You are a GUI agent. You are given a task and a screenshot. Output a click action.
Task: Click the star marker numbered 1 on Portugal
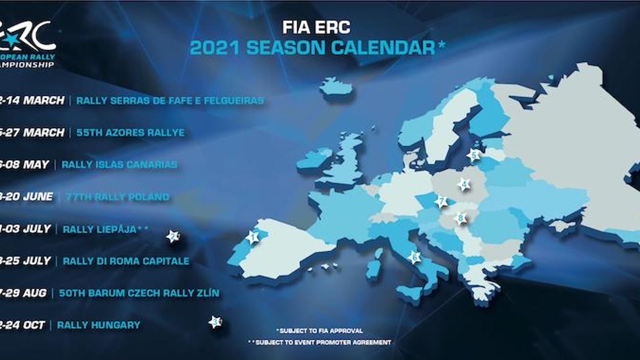253,237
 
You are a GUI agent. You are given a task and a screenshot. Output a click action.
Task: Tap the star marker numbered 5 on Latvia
474,155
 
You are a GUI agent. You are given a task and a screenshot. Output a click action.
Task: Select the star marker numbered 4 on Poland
464,184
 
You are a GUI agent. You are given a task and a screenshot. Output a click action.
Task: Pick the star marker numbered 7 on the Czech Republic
442,202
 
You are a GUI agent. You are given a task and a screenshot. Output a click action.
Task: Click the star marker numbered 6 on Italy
414,257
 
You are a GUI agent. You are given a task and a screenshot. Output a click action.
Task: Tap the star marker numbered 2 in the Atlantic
173,236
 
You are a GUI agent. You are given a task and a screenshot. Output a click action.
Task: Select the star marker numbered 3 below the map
216,322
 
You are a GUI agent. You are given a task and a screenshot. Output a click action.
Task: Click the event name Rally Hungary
99,325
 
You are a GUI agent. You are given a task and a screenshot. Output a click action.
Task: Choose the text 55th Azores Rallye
130,132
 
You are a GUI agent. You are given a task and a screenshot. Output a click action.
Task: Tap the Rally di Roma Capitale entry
126,261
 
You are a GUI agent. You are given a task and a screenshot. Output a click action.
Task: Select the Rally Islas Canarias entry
120,164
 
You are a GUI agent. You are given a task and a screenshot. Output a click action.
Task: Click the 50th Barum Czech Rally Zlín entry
139,293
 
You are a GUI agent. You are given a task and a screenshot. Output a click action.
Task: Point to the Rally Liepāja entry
100,230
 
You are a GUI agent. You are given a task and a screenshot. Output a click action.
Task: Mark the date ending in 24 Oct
22,325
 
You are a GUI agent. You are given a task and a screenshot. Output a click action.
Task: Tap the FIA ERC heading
316,27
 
